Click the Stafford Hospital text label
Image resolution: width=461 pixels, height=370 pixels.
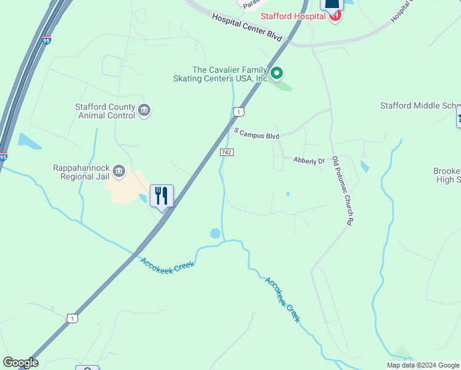[x=293, y=16]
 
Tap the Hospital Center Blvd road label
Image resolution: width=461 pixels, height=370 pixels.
[x=247, y=28]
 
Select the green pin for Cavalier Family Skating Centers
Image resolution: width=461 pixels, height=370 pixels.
[x=277, y=74]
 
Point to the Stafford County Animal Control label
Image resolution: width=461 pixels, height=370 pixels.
[x=105, y=111]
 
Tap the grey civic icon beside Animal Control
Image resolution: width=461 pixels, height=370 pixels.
[x=144, y=110]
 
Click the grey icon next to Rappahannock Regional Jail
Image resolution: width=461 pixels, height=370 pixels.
[x=120, y=171]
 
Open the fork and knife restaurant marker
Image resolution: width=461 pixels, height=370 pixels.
[x=161, y=196]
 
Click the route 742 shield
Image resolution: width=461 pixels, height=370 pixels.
[x=226, y=152]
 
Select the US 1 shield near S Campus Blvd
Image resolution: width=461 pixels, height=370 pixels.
[x=239, y=111]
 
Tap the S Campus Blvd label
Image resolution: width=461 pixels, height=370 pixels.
[x=257, y=134]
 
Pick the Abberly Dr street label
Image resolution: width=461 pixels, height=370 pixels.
[x=308, y=160]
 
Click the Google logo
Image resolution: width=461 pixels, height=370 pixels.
[x=20, y=363]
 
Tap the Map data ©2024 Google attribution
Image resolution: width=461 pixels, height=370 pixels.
[x=423, y=365]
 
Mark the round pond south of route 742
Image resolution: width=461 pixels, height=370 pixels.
[x=215, y=234]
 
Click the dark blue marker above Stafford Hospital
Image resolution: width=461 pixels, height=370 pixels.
[x=332, y=5]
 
